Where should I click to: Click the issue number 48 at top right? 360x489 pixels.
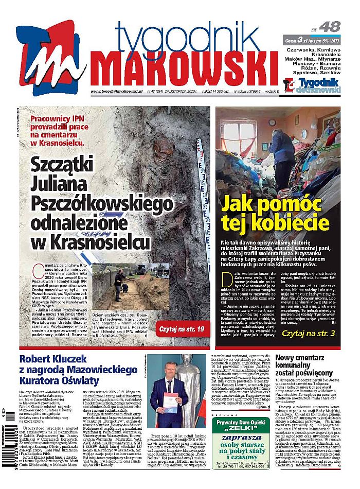click(329, 27)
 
